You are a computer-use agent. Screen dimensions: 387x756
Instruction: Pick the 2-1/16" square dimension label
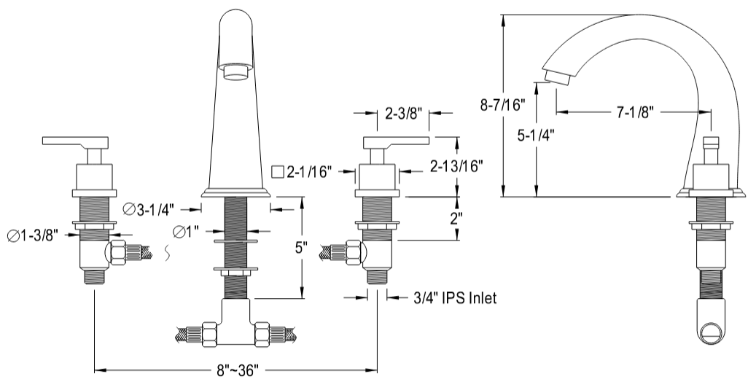coord(302,173)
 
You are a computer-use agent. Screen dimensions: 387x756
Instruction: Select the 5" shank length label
coord(301,248)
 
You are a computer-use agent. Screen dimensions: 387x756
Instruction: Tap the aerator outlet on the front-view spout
coord(236,71)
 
